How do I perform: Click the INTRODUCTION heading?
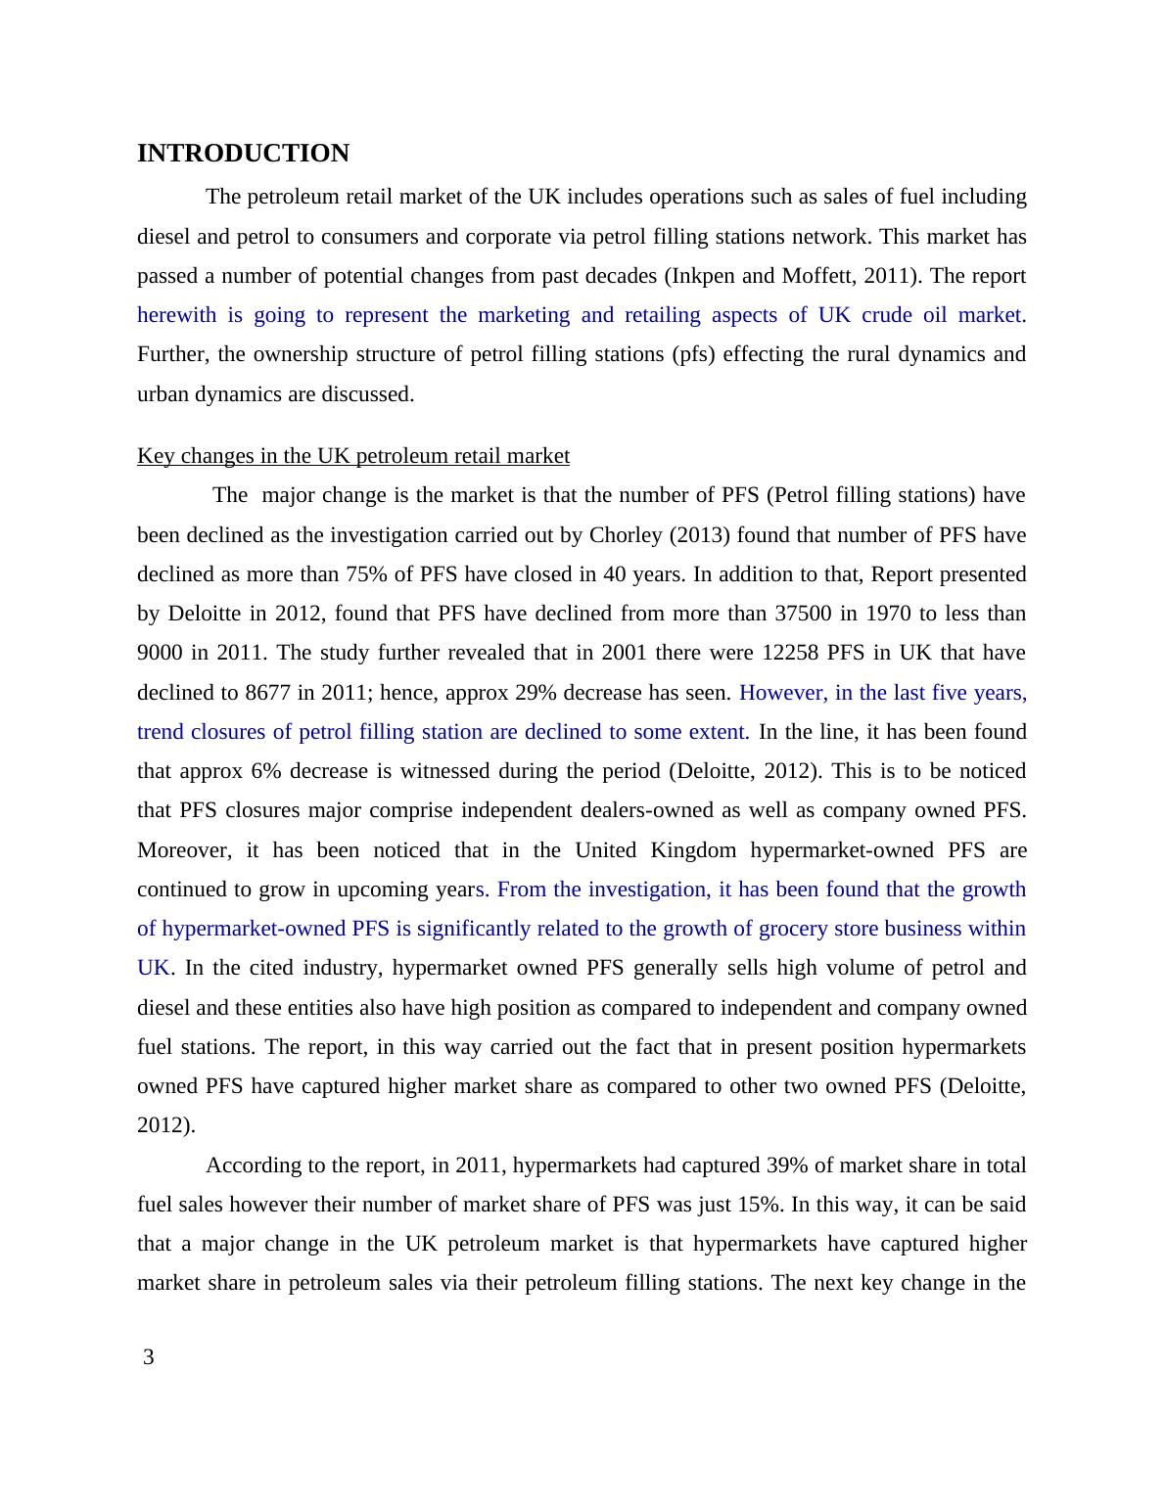(x=243, y=154)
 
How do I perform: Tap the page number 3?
(x=149, y=1357)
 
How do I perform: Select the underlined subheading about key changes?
(x=352, y=456)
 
